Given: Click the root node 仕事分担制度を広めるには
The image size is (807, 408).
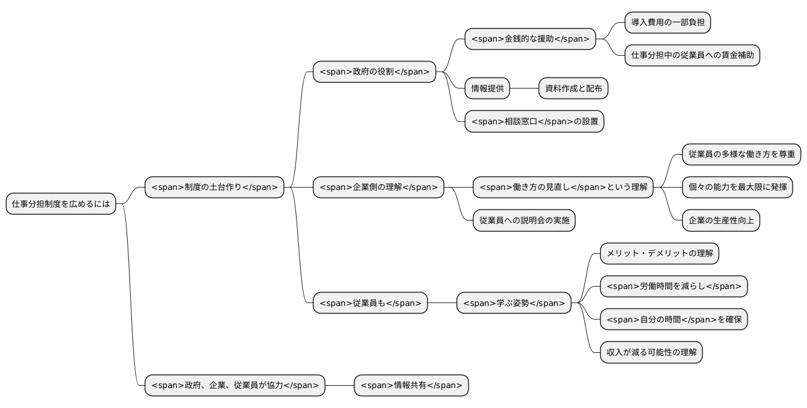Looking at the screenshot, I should point(61,204).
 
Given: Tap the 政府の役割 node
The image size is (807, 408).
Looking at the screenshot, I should point(374,72).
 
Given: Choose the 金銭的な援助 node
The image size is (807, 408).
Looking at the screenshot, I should point(530,39).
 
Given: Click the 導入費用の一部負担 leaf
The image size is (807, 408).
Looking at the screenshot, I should point(668,23).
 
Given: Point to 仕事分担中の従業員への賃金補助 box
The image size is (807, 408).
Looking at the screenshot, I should point(692,56).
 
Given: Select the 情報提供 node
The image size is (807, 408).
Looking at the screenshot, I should point(487,89).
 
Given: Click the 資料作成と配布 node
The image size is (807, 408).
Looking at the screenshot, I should point(573,89).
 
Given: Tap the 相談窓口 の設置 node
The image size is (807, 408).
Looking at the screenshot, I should point(534,121).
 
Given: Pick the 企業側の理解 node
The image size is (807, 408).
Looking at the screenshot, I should point(379,188).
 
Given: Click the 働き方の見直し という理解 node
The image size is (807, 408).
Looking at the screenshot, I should point(563,188).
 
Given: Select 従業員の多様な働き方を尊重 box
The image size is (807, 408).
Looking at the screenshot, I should point(741,154).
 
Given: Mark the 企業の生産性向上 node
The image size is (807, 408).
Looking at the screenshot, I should point(721,220).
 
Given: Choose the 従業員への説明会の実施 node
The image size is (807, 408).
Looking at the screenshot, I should point(524,220).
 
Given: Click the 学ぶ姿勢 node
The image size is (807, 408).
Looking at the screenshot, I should point(514,303).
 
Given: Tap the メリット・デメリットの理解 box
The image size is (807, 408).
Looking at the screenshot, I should point(659,253).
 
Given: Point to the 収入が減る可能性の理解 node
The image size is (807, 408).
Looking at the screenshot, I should point(651,352).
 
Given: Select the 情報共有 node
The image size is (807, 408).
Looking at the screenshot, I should point(411,385).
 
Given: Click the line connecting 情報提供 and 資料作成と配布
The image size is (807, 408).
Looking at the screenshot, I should point(524,89).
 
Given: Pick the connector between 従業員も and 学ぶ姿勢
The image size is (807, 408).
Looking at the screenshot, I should point(442,303).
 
